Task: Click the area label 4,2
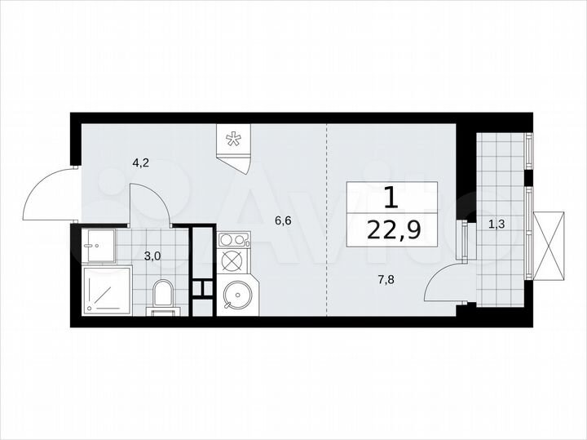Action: coord(140,162)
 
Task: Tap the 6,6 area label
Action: coord(283,220)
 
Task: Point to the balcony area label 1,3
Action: coord(495,223)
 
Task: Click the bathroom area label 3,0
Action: coord(152,256)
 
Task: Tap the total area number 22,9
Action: coord(394,230)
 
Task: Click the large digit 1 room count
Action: coord(391,197)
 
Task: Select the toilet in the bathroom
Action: coord(163,296)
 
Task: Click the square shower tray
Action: coord(107,290)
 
